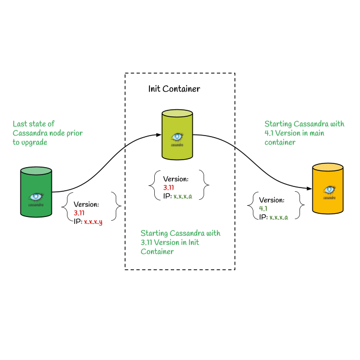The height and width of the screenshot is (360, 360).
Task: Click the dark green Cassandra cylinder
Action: click(36, 193)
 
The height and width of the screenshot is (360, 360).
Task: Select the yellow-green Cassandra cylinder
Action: click(177, 135)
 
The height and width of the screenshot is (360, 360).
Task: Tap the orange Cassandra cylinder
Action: click(328, 189)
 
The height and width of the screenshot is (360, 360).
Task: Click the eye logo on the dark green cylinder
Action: click(36, 197)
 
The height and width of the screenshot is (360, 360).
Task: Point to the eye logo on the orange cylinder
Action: click(329, 190)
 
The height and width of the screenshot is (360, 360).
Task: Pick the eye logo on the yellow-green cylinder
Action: click(177, 137)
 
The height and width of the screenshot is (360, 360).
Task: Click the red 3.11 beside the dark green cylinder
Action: click(79, 213)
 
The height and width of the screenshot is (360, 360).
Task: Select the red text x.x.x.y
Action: click(93, 222)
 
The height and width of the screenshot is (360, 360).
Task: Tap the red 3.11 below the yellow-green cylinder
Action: click(169, 187)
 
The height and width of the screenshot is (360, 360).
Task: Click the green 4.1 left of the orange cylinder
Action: click(263, 208)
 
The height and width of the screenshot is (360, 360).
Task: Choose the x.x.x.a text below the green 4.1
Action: click(279, 217)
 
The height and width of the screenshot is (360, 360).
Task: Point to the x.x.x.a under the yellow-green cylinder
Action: click(183, 197)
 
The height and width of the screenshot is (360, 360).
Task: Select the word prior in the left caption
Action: click(74, 133)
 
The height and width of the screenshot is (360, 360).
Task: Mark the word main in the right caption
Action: click(316, 133)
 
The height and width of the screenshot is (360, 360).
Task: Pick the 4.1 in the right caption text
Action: click(269, 133)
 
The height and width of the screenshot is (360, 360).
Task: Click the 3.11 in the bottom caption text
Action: click(146, 243)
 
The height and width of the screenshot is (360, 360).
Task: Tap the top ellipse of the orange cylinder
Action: click(328, 167)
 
